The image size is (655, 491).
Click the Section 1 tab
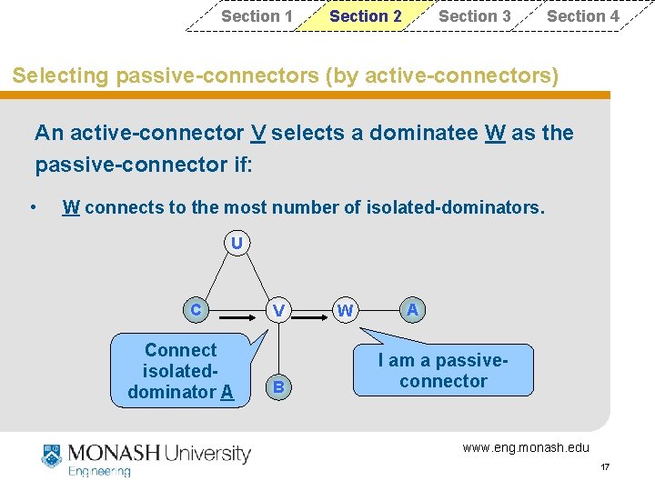[x=257, y=16]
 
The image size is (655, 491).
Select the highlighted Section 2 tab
[x=365, y=16]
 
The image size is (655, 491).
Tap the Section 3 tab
[x=474, y=16]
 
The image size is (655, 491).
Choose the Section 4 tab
[x=582, y=16]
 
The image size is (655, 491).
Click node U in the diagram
[x=237, y=244]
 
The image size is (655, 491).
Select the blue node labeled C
[x=196, y=310]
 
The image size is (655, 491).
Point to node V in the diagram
[x=279, y=311]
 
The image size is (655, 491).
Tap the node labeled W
[x=345, y=311]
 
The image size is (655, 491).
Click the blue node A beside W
[x=412, y=310]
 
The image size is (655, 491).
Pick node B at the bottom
[x=279, y=388]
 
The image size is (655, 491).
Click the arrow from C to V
[x=238, y=319]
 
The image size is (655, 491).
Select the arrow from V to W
[x=312, y=319]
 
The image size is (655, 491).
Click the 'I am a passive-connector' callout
[x=443, y=371]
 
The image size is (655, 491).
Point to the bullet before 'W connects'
[x=33, y=207]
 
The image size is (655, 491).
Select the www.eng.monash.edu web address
[x=526, y=446]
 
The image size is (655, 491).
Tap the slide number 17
[x=605, y=467]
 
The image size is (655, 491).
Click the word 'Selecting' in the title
[x=61, y=75]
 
